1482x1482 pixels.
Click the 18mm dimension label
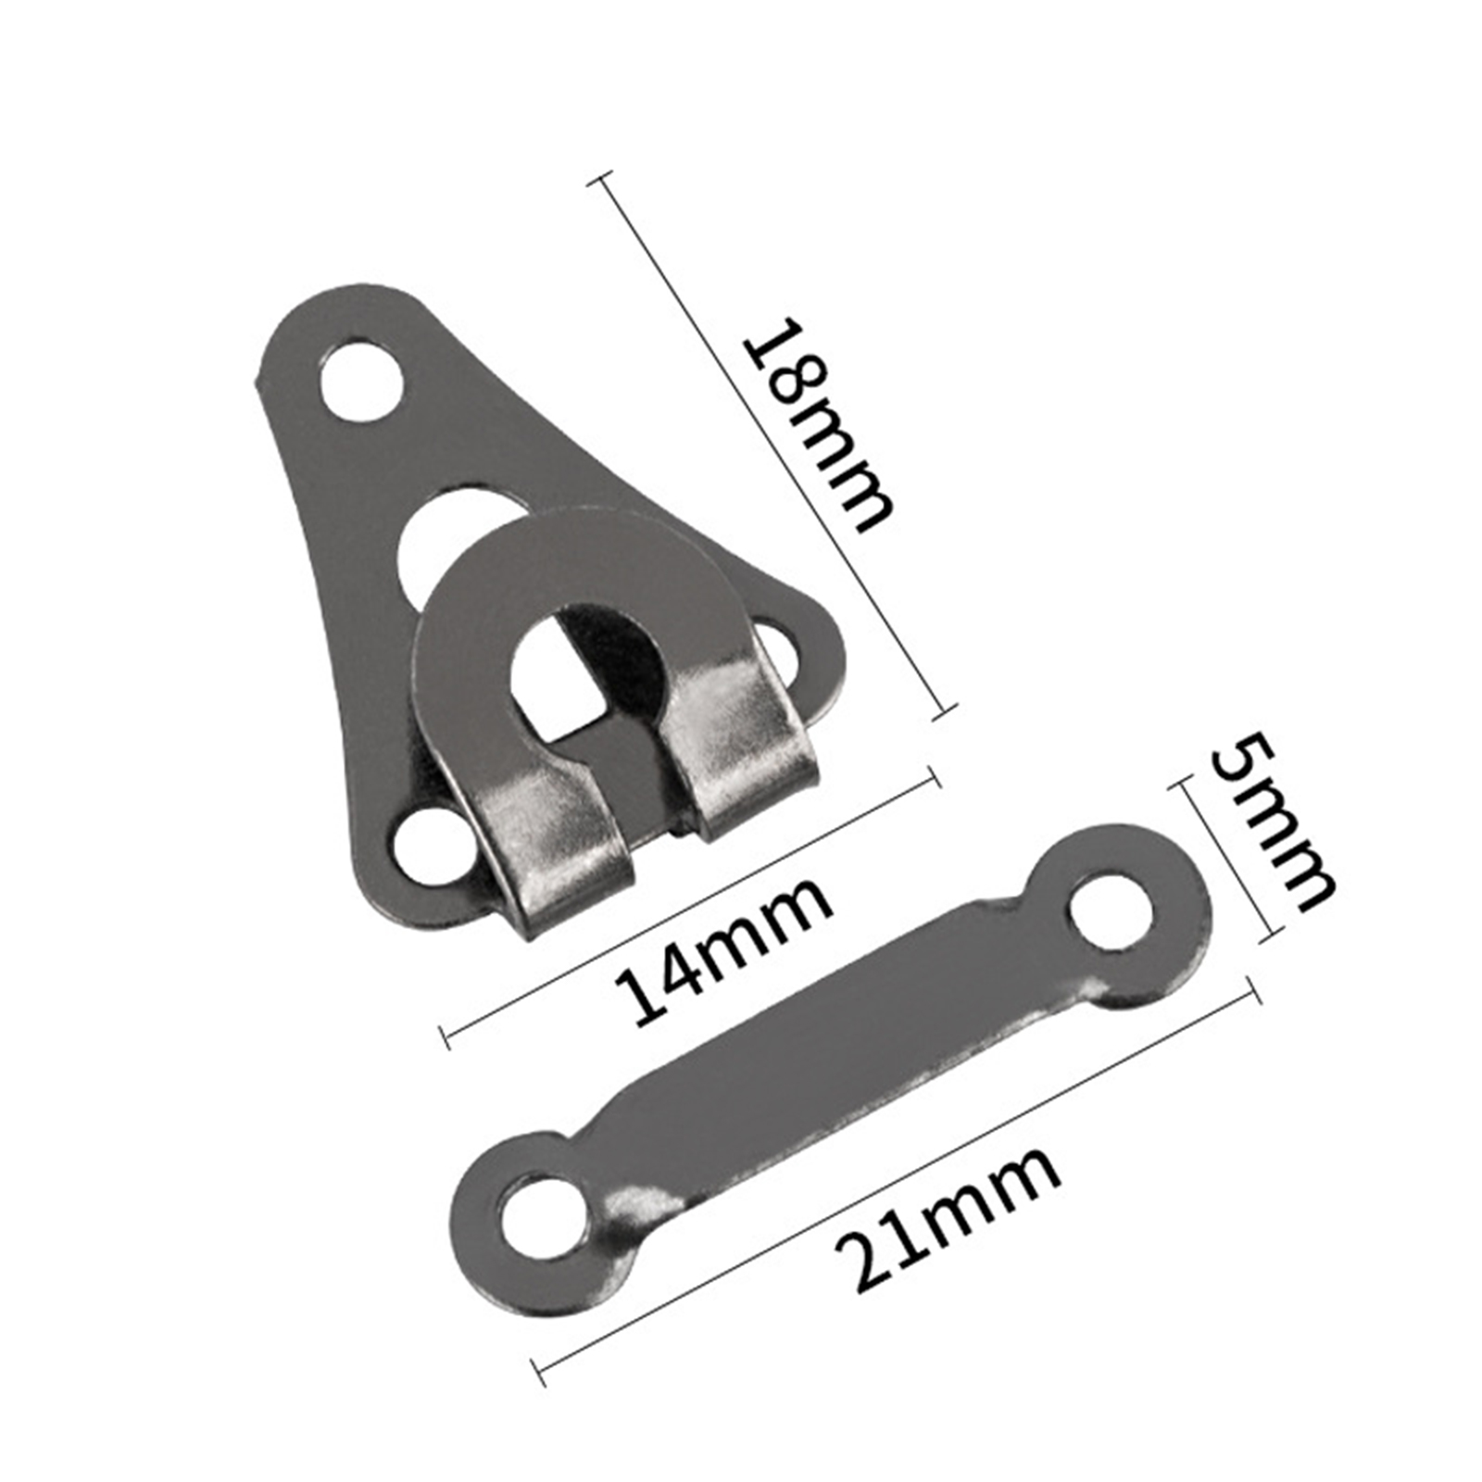point(820,425)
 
